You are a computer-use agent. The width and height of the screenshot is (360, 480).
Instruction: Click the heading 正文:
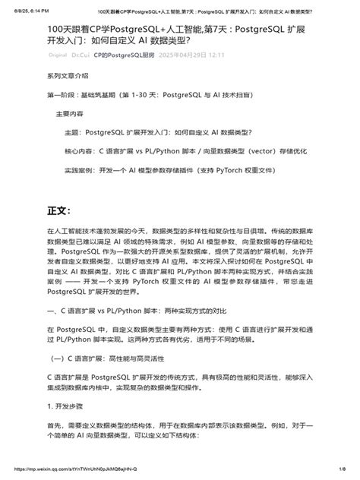pyautogui.click(x=58, y=209)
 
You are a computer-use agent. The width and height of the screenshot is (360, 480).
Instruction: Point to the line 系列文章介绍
pyautogui.click(x=68, y=77)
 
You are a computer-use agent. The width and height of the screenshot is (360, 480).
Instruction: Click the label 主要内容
pyautogui.click(x=70, y=113)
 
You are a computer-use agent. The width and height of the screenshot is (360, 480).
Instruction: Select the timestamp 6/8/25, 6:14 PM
pyautogui.click(x=27, y=12)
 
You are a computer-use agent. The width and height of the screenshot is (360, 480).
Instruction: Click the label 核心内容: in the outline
pyautogui.click(x=80, y=151)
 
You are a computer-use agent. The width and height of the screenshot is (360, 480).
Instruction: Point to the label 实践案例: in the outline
pyautogui.click(x=80, y=170)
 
